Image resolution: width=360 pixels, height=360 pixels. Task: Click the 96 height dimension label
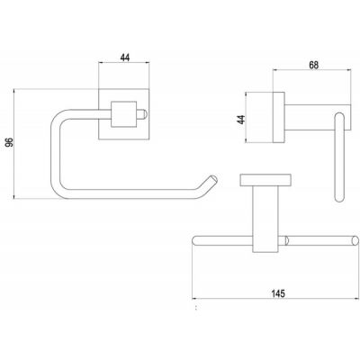[10, 142]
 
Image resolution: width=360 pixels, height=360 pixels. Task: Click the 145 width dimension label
[278, 293]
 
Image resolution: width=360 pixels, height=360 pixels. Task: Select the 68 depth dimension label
[313, 65]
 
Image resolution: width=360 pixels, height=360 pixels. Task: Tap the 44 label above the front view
[125, 58]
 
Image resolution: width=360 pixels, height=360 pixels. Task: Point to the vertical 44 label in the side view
[241, 120]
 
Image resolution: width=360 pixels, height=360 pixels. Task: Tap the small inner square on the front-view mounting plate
[124, 114]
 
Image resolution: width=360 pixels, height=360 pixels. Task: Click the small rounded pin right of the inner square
[142, 114]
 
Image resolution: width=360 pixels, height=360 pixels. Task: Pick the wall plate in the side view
[278, 117]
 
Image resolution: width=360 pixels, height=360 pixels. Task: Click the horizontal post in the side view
[318, 117]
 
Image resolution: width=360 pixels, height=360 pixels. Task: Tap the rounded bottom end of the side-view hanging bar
[339, 197]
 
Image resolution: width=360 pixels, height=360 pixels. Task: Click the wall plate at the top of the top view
[265, 180]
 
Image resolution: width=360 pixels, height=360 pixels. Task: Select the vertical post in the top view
[265, 219]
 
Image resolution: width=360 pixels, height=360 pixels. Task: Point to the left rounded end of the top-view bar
[195, 241]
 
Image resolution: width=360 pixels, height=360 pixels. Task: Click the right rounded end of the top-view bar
[355, 241]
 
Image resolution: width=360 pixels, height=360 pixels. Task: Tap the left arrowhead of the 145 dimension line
[194, 299]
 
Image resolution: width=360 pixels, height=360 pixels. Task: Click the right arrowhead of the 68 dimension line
[348, 70]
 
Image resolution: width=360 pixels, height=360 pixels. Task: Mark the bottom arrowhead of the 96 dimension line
[14, 196]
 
